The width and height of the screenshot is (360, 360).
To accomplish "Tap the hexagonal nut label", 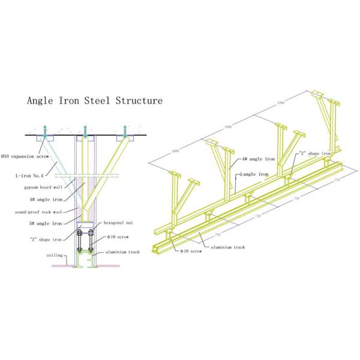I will [x=119, y=222].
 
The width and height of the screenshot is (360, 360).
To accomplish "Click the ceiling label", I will [x=55, y=255].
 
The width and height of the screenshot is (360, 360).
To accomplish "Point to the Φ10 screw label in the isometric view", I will [x=190, y=253].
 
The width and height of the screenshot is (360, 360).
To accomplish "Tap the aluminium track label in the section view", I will [x=124, y=252].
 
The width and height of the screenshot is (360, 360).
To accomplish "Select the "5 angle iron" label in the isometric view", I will [x=257, y=175].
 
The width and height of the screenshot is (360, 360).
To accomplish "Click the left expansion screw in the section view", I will [x=46, y=130].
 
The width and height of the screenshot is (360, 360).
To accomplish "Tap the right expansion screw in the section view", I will [x=125, y=130].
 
